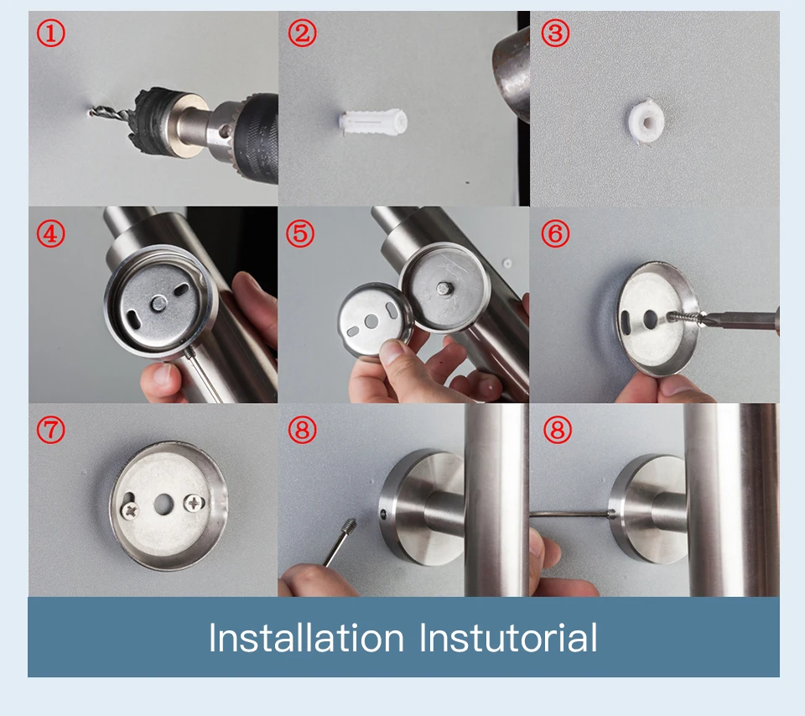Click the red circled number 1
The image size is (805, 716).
[x=51, y=34]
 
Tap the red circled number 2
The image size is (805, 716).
[x=302, y=34]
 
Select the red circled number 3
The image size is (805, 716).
[x=555, y=34]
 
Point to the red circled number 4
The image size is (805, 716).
[x=51, y=234]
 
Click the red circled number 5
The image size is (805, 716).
[x=300, y=234]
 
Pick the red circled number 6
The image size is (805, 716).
[x=555, y=234]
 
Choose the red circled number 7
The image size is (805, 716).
[x=51, y=429]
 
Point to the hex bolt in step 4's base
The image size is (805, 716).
[x=158, y=305]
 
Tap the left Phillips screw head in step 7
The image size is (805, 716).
[x=131, y=510]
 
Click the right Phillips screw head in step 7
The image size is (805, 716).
[x=194, y=503]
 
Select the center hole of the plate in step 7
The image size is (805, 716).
[x=164, y=504]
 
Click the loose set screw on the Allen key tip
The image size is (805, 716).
[x=350, y=525]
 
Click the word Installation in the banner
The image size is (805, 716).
[x=306, y=638]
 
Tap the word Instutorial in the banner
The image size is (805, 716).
[x=508, y=638]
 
